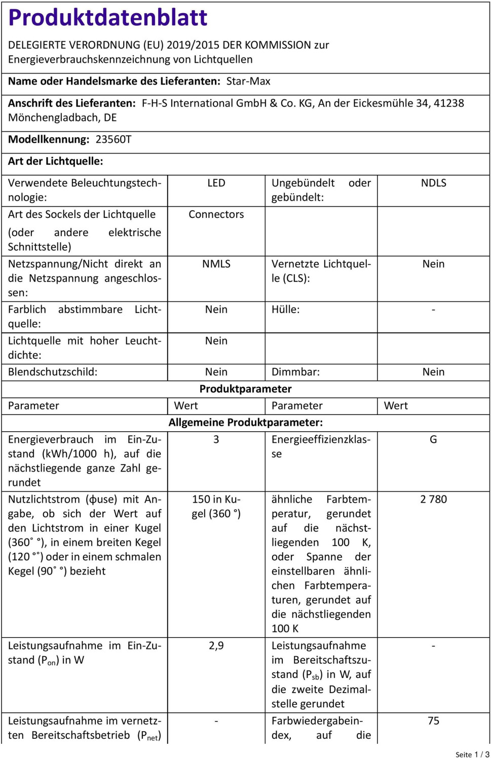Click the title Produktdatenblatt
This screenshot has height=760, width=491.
point(108,18)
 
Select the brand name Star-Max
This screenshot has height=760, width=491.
point(248,82)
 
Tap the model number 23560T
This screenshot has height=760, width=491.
point(114,139)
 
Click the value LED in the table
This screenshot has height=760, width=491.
point(216,183)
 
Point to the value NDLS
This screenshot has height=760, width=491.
point(433,183)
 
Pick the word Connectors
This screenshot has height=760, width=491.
point(216,215)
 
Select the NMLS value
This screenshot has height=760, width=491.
point(216,264)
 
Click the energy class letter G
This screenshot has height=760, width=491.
point(433,440)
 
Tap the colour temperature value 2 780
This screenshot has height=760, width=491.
point(433,500)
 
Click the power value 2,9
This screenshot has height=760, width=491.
point(216,646)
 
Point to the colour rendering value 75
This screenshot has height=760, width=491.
point(433,721)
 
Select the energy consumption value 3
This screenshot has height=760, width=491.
point(216,440)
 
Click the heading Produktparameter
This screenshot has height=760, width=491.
point(245,389)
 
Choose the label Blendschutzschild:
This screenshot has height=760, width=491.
point(53,372)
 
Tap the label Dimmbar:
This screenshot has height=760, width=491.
point(295,372)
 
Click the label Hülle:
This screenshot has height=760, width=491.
point(285,310)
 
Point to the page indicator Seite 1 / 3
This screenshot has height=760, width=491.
point(472,754)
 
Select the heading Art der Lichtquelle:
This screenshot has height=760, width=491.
point(56,162)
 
